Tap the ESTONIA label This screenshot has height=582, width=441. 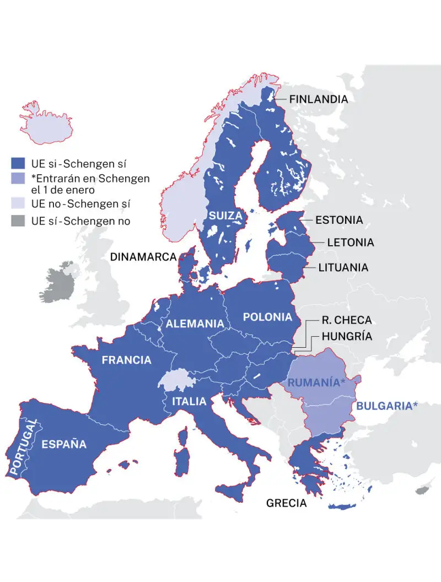coord(338,220)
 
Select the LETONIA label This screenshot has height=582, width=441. coord(350,242)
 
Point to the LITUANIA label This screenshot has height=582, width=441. coord(343,268)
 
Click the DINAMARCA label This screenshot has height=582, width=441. coord(143,257)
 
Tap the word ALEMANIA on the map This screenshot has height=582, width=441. coord(195,324)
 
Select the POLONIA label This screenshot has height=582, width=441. coord(267,317)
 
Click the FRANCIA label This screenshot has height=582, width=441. coord(126,360)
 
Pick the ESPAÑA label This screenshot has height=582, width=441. coord(64,444)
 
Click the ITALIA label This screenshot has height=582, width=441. coord(189,401)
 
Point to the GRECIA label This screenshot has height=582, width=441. coord(286,503)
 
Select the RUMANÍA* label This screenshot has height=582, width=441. coord(316,382)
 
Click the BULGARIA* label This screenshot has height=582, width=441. coord(387,406)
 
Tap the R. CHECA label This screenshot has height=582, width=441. coord(346,320)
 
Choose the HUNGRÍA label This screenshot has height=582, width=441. coord(347,336)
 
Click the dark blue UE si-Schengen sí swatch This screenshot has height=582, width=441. coord(18,163)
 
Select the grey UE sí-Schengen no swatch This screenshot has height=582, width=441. coord(18,222)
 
